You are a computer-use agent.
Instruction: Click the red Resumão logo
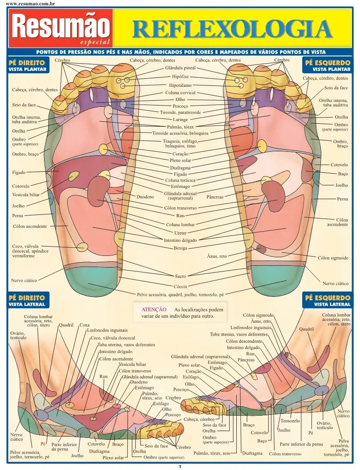tap(61, 28)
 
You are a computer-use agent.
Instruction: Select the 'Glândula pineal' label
tap(180, 68)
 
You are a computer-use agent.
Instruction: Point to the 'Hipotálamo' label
tap(180, 85)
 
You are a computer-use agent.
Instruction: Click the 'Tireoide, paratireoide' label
tap(180, 113)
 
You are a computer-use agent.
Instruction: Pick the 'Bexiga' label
tap(181, 248)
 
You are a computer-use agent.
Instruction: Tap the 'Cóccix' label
tap(180, 286)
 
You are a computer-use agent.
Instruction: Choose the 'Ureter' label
tap(180, 233)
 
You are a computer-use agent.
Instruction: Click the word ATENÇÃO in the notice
tap(154, 310)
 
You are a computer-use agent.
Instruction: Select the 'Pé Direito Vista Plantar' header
tap(27, 65)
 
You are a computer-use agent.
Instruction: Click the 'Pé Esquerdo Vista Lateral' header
tap(328, 300)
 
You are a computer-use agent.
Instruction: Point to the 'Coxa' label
tap(85, 325)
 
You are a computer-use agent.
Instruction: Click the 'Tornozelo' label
tap(290, 421)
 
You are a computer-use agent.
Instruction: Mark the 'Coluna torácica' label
tap(180, 180)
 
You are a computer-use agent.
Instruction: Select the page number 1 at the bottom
tap(180, 467)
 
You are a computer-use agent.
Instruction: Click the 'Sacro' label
tap(180, 276)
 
